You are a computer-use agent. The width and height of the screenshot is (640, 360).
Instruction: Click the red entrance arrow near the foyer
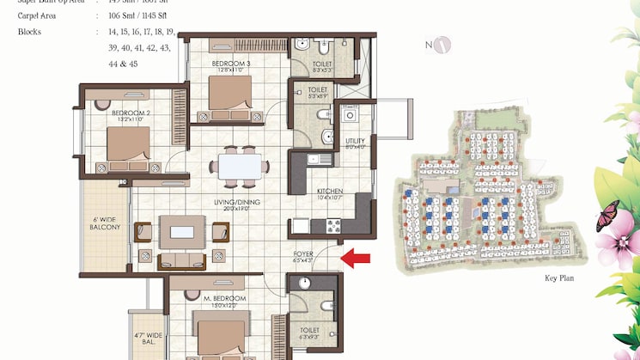coord(356,256)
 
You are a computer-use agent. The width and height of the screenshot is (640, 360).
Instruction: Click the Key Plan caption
coord(558,278)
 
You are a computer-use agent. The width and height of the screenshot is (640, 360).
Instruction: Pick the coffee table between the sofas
coord(181,230)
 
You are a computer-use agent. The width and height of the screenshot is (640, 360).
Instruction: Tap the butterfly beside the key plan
coord(607,213)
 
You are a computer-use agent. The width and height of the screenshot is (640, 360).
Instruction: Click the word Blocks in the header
coord(29,32)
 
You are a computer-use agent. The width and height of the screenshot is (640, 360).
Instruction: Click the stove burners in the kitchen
coord(332,226)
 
